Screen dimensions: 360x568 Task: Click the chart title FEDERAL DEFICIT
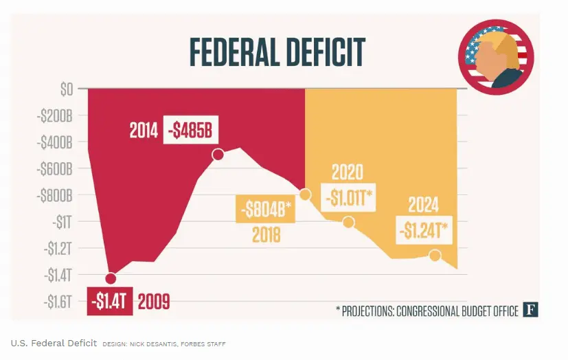point(277,52)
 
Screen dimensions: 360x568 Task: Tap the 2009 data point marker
point(111,278)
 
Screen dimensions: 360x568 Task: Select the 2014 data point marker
point(218,155)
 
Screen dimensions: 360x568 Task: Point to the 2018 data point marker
point(305,195)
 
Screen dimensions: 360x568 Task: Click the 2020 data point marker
point(348,222)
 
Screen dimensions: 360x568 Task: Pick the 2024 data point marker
point(435,256)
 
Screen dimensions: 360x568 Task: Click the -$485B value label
point(188,131)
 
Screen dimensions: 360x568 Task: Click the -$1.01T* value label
point(347,197)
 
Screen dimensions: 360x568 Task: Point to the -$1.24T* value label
point(424,230)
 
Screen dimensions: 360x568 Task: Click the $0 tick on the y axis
point(66,89)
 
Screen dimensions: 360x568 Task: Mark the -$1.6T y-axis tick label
point(57,301)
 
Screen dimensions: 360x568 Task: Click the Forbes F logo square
point(530,310)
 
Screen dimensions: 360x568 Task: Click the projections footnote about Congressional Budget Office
point(427,311)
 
